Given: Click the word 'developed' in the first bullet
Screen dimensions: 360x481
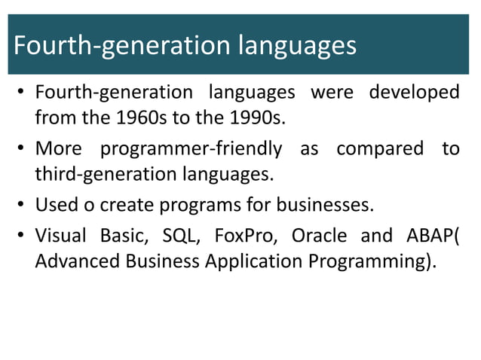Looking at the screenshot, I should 414,93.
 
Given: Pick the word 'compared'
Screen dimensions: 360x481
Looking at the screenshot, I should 380,148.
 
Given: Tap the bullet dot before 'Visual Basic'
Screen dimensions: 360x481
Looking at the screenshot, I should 23,236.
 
